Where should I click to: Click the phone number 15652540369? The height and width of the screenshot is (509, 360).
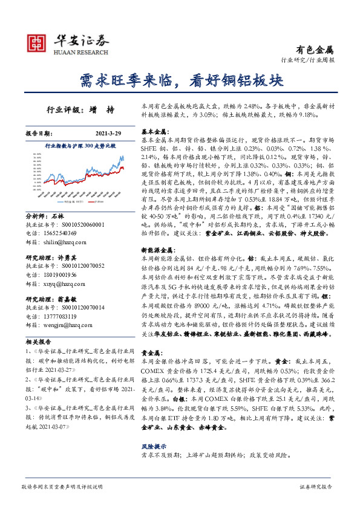[x=60, y=233]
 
